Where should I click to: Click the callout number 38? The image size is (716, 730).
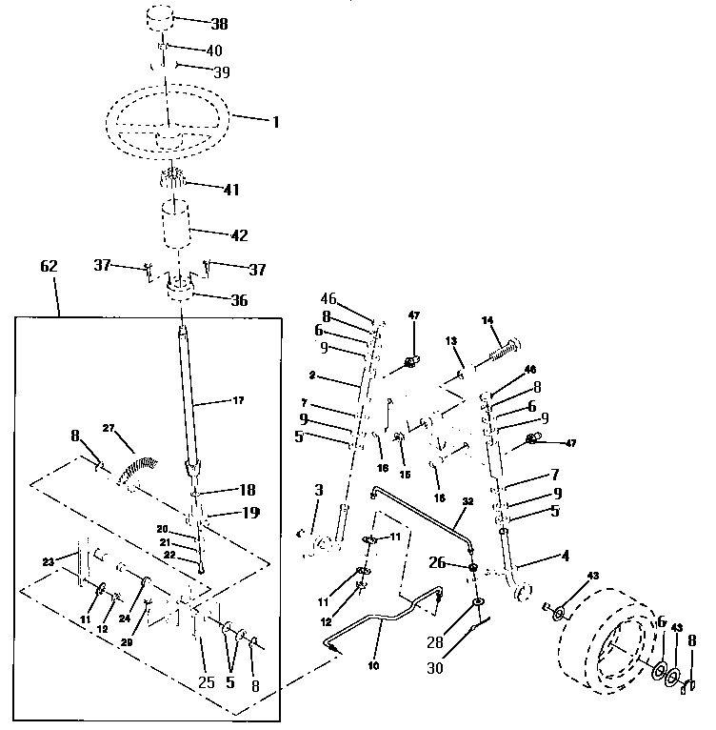click(217, 24)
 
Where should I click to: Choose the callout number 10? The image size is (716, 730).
click(374, 666)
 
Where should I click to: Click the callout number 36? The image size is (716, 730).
click(238, 300)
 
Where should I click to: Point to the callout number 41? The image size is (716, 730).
click(230, 189)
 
